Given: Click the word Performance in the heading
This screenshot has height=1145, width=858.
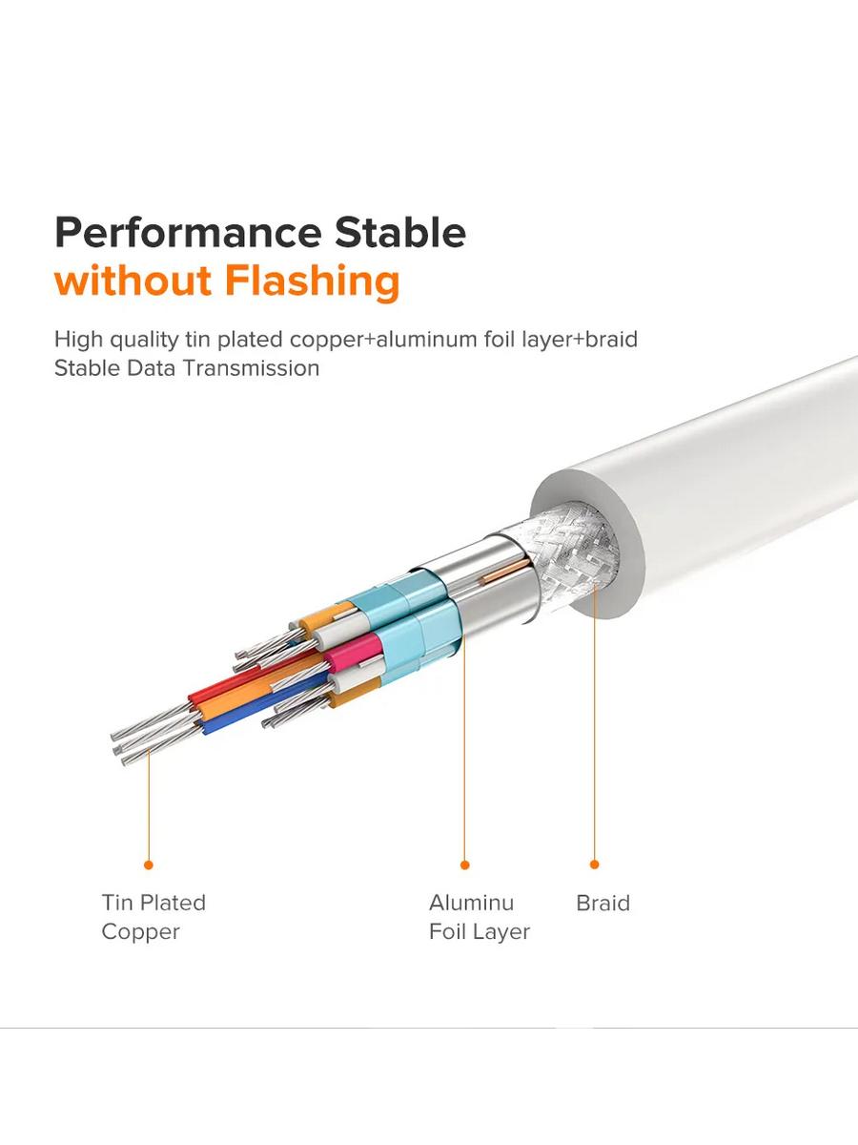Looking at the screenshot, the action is pos(188,234).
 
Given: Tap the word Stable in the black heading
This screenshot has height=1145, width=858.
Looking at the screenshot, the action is pos(400,232).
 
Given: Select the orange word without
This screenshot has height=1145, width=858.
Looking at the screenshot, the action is pos(133,281).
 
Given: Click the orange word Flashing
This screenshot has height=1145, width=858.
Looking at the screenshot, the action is pos(313,282).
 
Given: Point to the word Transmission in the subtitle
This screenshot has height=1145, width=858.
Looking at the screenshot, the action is pos(251,368).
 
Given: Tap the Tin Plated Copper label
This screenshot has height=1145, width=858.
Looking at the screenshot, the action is pos(153,917).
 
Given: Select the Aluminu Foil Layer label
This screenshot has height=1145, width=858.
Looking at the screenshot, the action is pos(480,917).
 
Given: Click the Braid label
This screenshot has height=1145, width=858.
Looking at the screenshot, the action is pos(603,903).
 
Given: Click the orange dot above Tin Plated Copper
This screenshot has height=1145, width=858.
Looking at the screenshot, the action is pos(149,864).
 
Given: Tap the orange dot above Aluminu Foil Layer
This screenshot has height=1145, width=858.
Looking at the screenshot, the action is pos(464,864).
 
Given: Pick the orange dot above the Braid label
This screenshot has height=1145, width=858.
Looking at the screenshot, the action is pos(594,864).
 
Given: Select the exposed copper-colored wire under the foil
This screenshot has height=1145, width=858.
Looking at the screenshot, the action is pos(504,572).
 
